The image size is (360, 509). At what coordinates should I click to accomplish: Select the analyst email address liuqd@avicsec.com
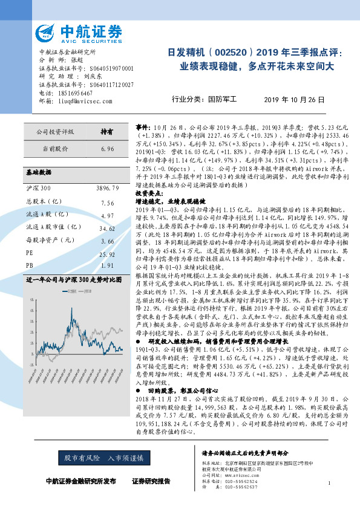(x=76, y=100)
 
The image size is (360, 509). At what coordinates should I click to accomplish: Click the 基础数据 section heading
(x=39, y=172)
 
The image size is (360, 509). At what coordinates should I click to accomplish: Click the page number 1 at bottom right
(x=329, y=483)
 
